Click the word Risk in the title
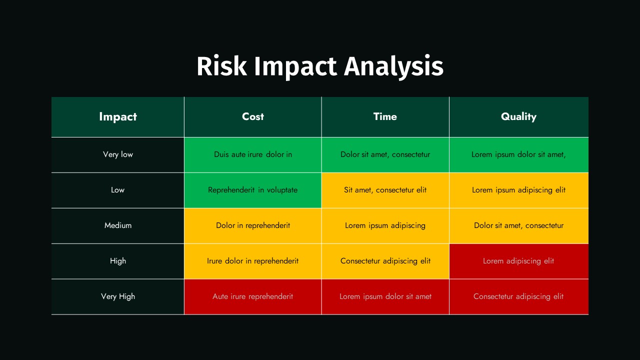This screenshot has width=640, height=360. [x=221, y=66]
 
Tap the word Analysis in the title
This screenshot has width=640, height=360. [x=393, y=67]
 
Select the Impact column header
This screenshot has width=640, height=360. [x=117, y=117]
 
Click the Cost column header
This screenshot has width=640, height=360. [x=253, y=116]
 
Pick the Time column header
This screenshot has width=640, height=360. [x=385, y=116]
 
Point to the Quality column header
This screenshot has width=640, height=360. [x=518, y=117]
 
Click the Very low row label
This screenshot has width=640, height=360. [x=117, y=154]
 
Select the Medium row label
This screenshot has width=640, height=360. [x=117, y=225]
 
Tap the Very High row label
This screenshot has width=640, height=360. [x=117, y=296]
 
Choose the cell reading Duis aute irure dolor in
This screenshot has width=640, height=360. [x=253, y=155]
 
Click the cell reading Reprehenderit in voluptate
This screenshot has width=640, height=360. [x=253, y=190]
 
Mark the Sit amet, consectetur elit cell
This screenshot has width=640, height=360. [x=385, y=190]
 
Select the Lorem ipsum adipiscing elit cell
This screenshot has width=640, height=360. [x=518, y=190]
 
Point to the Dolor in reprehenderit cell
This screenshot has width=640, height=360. [x=253, y=225]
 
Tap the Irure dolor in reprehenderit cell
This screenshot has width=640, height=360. [x=253, y=261]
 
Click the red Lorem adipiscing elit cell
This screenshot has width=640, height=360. [x=518, y=261]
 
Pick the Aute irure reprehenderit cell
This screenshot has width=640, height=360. [x=253, y=297]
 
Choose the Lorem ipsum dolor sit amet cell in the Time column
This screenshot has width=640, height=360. [x=385, y=297]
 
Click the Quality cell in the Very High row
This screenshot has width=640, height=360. [x=518, y=297]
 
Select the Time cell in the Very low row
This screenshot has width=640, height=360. [x=385, y=155]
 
